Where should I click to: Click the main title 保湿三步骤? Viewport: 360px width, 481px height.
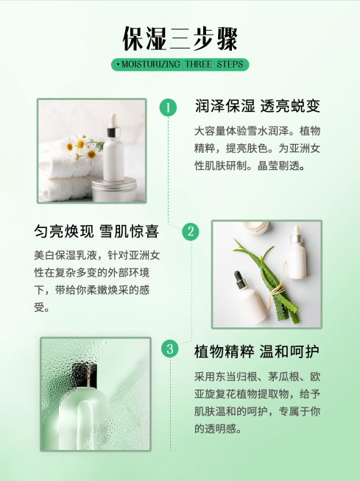(x=180, y=38)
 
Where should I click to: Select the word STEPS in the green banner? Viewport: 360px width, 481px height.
(x=229, y=65)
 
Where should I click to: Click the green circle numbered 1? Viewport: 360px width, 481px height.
(x=169, y=108)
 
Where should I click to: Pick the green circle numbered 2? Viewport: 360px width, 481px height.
(x=191, y=232)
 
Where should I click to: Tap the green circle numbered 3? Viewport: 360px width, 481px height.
(x=170, y=349)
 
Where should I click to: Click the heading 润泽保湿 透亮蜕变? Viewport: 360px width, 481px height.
(x=258, y=107)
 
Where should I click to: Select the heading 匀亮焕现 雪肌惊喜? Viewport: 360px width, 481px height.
(x=96, y=232)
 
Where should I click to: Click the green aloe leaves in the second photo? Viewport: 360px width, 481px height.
(x=272, y=283)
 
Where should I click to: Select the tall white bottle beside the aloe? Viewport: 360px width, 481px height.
(x=297, y=254)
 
